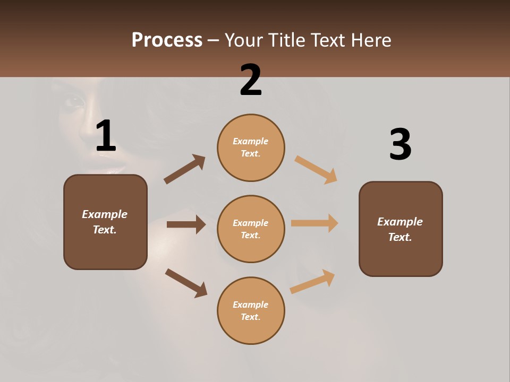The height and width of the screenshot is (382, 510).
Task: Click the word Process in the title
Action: click(167, 40)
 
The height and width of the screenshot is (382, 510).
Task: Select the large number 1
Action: click(106, 136)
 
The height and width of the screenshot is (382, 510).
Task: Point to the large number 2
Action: click(251, 80)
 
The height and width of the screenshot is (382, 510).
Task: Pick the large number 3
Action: click(400, 145)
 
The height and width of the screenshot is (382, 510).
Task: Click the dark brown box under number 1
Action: click(105, 222)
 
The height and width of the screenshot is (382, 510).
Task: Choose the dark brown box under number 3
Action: click(401, 229)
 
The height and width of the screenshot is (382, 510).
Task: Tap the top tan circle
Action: click(251, 147)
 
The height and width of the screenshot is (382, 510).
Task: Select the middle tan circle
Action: click(251, 229)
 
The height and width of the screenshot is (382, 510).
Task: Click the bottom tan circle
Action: click(251, 311)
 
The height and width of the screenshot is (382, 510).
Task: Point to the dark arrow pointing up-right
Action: click(184, 169)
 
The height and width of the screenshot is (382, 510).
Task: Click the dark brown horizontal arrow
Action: click(186, 224)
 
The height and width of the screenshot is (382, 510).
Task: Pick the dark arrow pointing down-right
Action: click(186, 283)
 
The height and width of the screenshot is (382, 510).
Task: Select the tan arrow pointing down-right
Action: click(316, 169)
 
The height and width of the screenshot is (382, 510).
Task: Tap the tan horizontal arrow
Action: click(314, 223)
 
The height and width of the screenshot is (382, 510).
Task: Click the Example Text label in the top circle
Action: click(251, 147)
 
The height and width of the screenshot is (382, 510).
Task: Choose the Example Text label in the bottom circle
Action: click(251, 311)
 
